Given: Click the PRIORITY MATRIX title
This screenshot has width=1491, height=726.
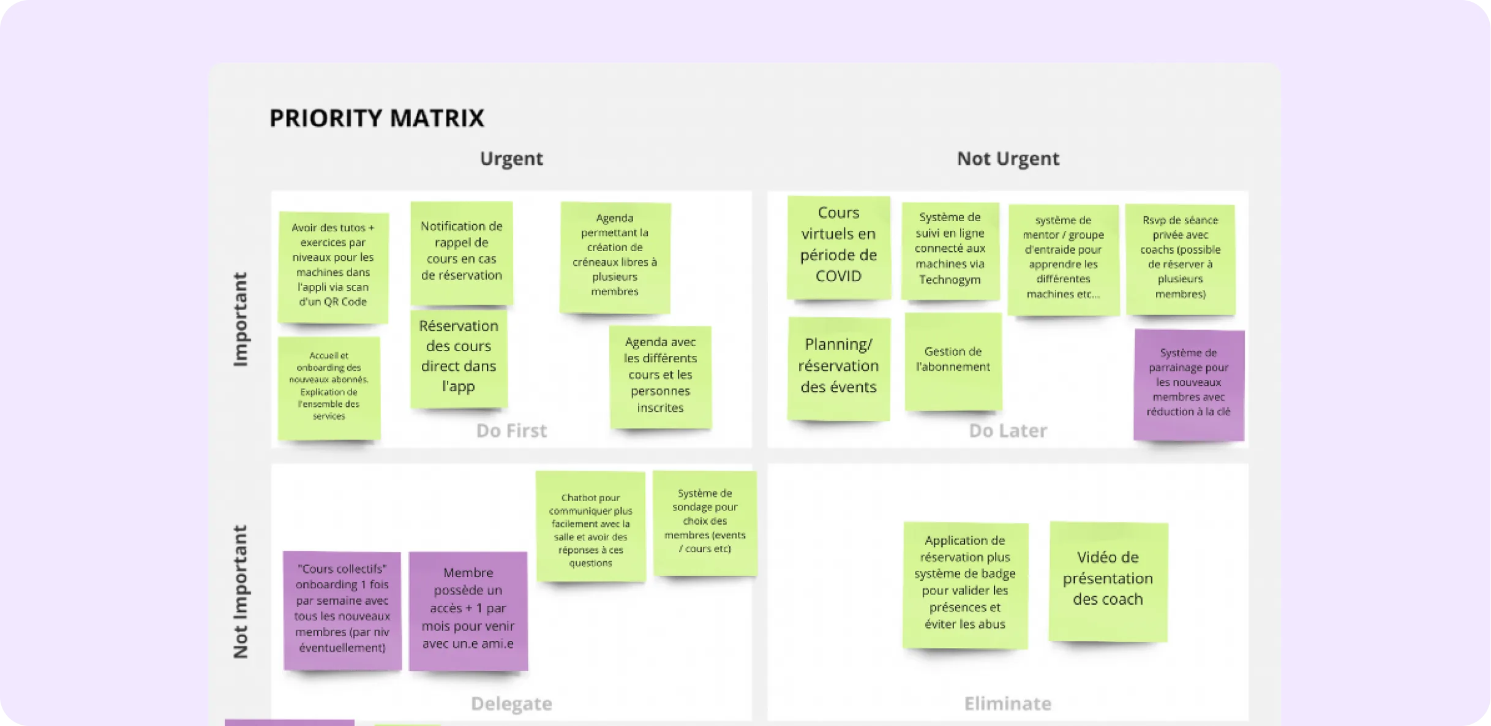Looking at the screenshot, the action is pos(377,118).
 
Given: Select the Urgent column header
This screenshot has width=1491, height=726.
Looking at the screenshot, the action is pos(511,158).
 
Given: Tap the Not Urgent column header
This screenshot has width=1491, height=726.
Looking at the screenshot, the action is pos(1008,158).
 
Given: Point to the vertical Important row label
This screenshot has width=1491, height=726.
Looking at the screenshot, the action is pos(241,319).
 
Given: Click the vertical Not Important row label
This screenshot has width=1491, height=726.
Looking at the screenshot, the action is pos(241,592).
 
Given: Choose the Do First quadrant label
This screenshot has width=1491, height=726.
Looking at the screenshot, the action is pos(511,431).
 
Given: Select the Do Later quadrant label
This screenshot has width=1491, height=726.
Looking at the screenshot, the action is pos(1008,431).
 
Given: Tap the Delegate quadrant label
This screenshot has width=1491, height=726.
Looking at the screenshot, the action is pos(511,703).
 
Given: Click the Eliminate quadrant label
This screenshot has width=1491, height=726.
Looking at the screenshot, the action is pos(1008,703).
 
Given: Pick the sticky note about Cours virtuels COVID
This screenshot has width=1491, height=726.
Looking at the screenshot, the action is pos(838,248).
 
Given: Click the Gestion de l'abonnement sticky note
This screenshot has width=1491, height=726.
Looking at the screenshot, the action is pos(953,361).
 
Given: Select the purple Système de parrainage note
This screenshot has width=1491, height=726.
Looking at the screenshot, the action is pos(1189,385).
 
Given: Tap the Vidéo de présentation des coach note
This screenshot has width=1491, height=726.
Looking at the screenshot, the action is pos(1108,581).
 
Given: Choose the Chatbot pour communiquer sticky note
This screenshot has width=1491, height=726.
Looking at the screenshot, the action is pos(591,526).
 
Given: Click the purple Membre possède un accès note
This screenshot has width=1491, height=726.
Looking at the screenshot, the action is pos(468,611).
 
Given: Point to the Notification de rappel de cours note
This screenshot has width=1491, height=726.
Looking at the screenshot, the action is pos(462,253).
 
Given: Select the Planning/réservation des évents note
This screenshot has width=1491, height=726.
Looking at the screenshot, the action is pos(839,369).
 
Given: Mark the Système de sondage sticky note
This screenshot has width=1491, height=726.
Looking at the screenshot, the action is pos(705,523).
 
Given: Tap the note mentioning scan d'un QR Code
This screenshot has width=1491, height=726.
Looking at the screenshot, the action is pos(333,267).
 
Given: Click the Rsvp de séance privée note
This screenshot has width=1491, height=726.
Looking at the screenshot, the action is pos(1181,260).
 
